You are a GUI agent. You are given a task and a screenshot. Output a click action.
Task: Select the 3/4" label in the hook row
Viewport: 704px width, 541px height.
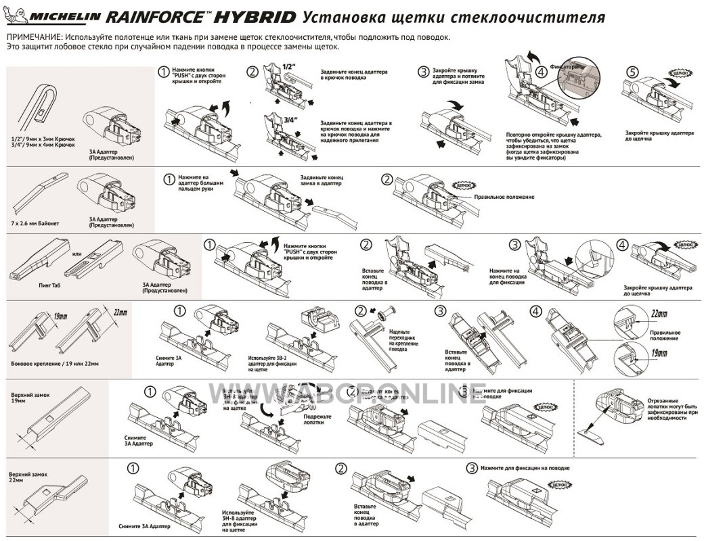point(290,120)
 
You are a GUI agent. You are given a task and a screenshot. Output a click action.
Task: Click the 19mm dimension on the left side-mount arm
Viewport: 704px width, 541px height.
point(60,315)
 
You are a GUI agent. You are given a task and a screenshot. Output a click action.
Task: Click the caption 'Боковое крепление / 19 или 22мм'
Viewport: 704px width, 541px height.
point(55,364)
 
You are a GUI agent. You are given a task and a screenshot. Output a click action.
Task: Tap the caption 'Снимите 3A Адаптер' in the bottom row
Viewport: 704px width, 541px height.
point(144,525)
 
